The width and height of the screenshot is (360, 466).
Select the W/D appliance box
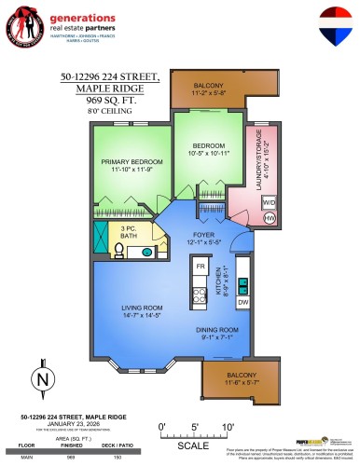269,200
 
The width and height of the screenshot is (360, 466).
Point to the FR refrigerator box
199,267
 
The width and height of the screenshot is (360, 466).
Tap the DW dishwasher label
242,303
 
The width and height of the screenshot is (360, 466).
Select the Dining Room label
217,329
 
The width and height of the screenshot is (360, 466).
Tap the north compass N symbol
40,379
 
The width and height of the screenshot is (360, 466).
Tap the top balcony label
211,89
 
